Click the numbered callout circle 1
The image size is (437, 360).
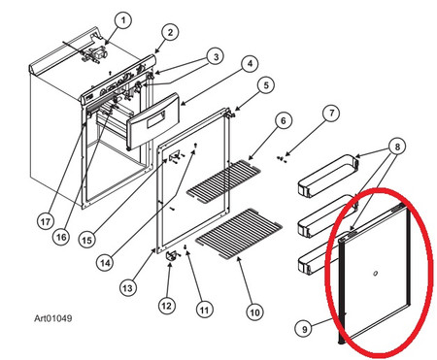click(x=123, y=21)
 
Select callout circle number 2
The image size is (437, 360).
click(x=170, y=32)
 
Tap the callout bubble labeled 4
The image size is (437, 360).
click(x=250, y=64)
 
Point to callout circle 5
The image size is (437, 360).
click(x=266, y=85)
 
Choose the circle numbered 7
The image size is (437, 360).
click(x=331, y=114)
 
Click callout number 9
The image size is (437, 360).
click(x=304, y=329)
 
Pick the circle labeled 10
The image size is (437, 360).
click(x=254, y=312)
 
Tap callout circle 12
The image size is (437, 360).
click(x=167, y=306)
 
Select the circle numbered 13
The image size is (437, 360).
click(x=128, y=287)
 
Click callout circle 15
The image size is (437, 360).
click(x=87, y=241)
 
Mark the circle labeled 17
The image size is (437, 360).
click(x=46, y=222)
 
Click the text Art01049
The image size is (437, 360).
click(x=53, y=318)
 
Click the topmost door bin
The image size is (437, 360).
click(x=329, y=176)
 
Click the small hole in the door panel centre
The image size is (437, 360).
click(x=375, y=274)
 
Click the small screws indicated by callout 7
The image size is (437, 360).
click(x=282, y=159)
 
